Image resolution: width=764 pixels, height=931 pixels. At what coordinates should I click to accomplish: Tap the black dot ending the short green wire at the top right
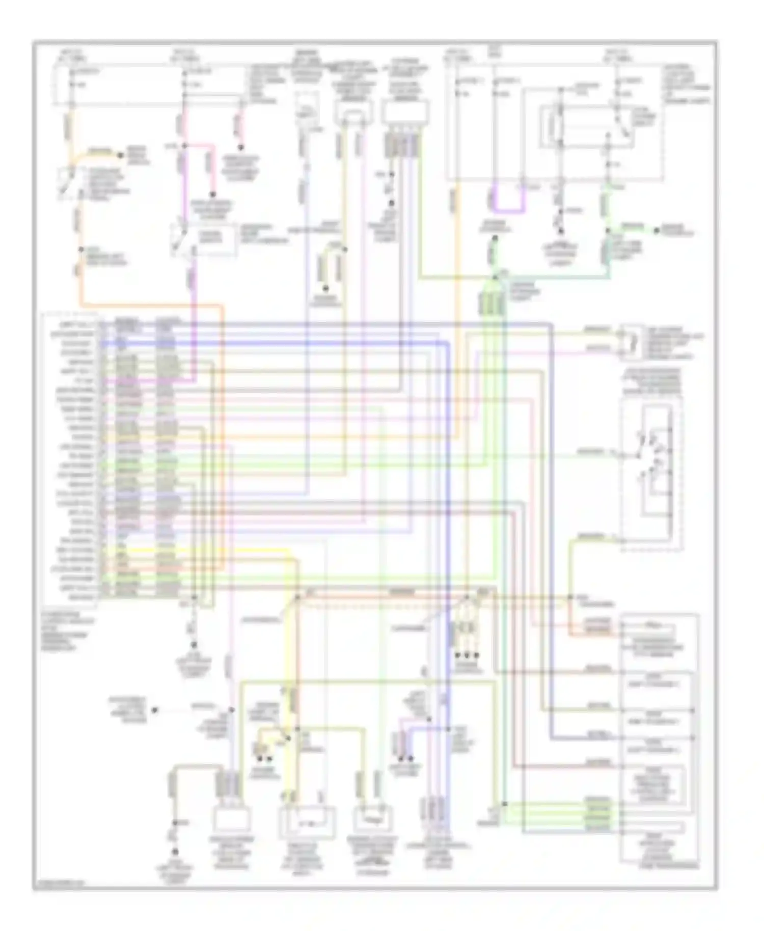tap(657, 231)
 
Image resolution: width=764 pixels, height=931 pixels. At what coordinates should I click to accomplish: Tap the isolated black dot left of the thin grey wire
tap(154, 709)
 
